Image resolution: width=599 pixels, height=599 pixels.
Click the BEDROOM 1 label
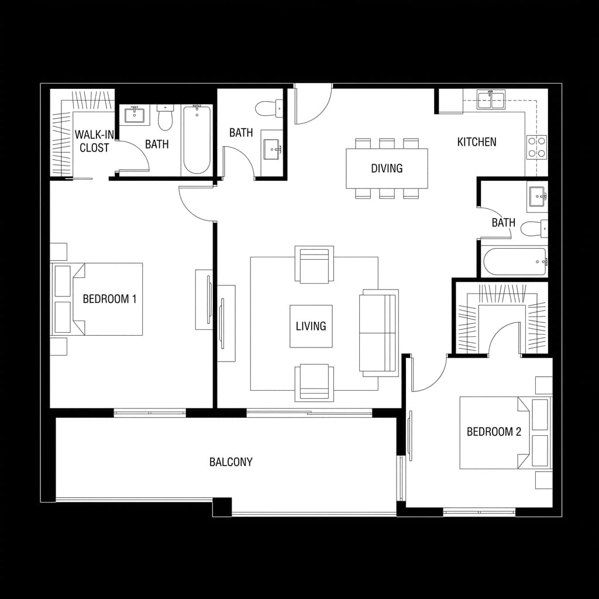coord(109,299)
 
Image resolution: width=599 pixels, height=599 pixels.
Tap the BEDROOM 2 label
coord(494,432)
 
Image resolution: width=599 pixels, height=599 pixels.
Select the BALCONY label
coord(231,462)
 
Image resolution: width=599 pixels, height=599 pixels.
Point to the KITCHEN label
coord(477,142)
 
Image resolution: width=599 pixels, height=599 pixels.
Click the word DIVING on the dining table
coord(387,168)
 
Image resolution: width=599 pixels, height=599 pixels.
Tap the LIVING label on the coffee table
coord(311,326)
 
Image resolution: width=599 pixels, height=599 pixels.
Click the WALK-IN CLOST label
coord(94,142)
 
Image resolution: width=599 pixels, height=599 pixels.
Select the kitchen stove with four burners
coord(537,147)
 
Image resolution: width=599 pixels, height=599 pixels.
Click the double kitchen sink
coord(491,100)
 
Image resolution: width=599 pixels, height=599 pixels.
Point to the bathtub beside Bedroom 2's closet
coord(514,261)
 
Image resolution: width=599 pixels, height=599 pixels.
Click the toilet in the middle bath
coord(268,109)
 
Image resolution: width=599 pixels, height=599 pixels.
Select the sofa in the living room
coord(378,333)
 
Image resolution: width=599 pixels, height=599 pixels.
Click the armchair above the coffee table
coord(315,264)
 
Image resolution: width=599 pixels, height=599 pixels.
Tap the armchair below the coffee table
coord(315,382)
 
